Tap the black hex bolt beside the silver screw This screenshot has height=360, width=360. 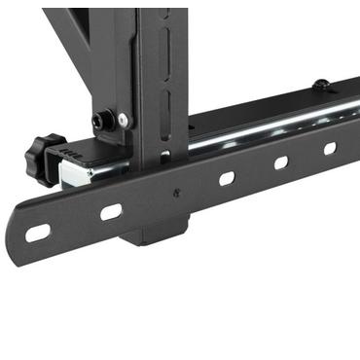pos(101,121)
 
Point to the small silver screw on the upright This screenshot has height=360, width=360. pos(123,120)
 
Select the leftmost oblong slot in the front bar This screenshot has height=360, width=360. pos(37,232)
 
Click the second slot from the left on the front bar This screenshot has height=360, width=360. pos(111,210)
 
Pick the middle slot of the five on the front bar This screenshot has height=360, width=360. pos(227,178)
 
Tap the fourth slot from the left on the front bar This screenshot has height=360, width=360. pos(280,162)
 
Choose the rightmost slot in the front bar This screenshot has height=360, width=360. pos(330,148)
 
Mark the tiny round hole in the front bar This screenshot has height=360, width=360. pos(175,193)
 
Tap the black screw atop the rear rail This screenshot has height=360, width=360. pos(319,85)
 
